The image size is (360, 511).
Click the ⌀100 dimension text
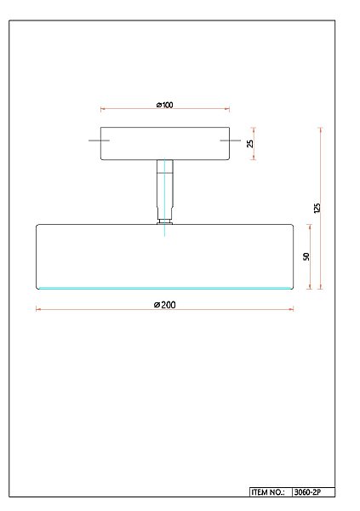165,105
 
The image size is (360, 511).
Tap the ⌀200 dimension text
165,304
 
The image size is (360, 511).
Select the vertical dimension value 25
250,143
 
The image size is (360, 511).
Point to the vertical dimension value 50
306,256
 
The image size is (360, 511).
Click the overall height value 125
317,208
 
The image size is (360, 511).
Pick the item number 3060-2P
306,492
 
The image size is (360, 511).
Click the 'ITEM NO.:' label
270,492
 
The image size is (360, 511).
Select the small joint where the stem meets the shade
165,221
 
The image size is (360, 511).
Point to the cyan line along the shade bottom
165,288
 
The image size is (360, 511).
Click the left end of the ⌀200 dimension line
37,309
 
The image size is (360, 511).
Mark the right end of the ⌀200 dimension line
294,309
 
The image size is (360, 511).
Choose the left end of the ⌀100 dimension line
101,109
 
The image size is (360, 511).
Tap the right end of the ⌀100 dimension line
229,109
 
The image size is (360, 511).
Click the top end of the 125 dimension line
321,129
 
